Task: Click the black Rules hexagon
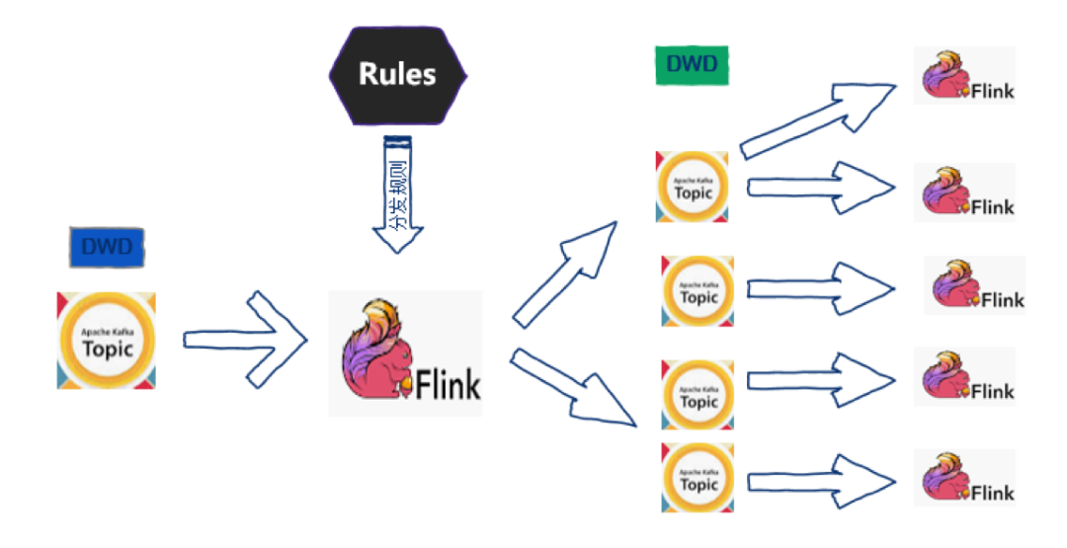tap(397, 74)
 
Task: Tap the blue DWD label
tap(107, 247)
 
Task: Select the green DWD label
tap(692, 66)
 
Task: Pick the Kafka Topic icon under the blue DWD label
tap(107, 340)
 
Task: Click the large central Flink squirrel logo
tap(405, 352)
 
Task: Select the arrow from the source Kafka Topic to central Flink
tap(247, 339)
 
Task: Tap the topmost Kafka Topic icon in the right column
tap(693, 186)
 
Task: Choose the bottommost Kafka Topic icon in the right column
tap(698, 478)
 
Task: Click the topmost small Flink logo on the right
tap(964, 76)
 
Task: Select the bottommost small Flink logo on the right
tap(964, 478)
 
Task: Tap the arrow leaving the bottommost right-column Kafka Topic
tap(820, 480)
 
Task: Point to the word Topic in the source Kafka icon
tap(107, 348)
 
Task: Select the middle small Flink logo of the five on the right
tap(974, 285)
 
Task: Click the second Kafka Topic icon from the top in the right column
tap(698, 290)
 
